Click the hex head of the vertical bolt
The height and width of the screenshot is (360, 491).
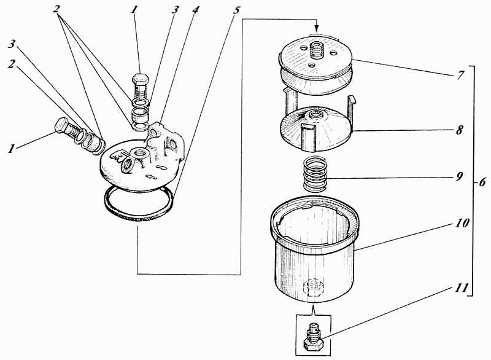138,82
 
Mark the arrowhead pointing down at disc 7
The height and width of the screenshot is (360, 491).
317,28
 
